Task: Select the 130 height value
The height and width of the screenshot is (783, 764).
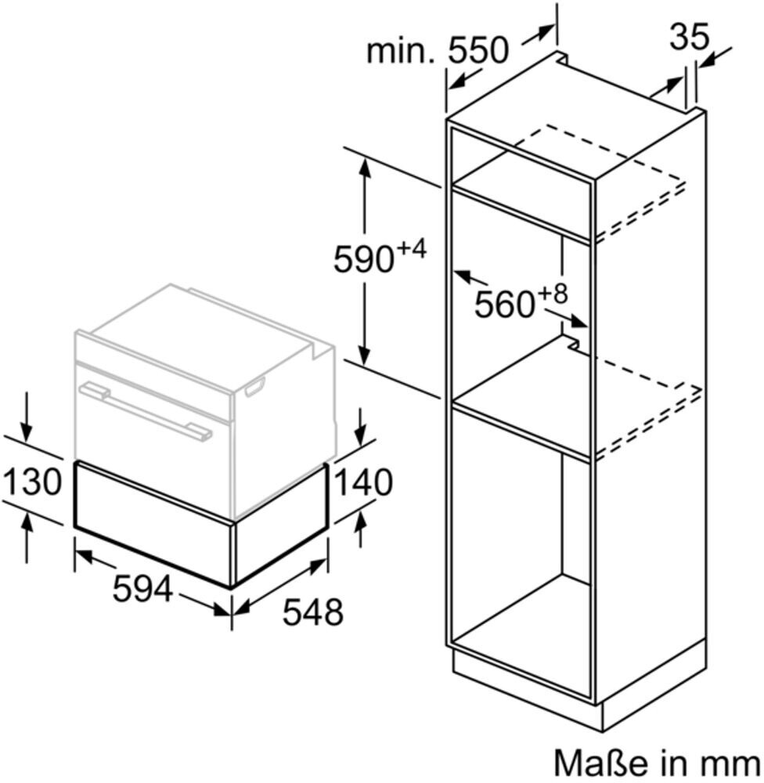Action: (31, 482)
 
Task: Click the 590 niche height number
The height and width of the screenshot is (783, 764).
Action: (362, 260)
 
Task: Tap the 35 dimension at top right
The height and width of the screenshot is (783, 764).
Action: (689, 37)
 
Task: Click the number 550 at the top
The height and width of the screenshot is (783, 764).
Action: (477, 51)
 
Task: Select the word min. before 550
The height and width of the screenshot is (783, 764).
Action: (400, 52)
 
